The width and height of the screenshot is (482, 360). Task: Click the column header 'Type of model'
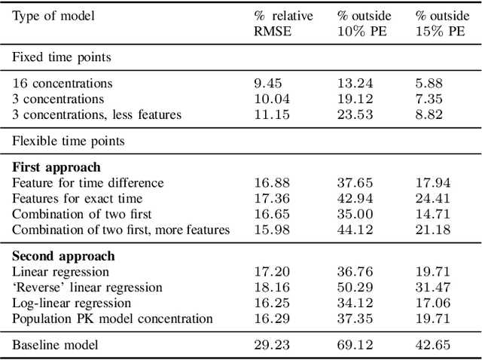point(53,15)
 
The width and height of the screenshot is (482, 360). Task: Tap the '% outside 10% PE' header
point(365,22)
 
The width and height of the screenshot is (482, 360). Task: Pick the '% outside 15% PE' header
point(441,22)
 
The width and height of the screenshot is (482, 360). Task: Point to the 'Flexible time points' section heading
point(68,141)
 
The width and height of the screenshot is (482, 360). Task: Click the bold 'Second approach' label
point(63,256)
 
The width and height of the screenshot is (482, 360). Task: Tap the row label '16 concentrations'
point(63,84)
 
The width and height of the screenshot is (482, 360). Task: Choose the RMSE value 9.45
point(267,84)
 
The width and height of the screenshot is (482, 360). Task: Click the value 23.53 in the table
point(352,114)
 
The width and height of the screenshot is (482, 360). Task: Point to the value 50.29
point(352,287)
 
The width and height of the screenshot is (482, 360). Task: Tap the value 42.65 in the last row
point(432,345)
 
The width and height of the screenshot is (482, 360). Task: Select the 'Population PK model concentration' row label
point(112,319)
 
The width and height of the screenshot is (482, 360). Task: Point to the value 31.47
point(432,287)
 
